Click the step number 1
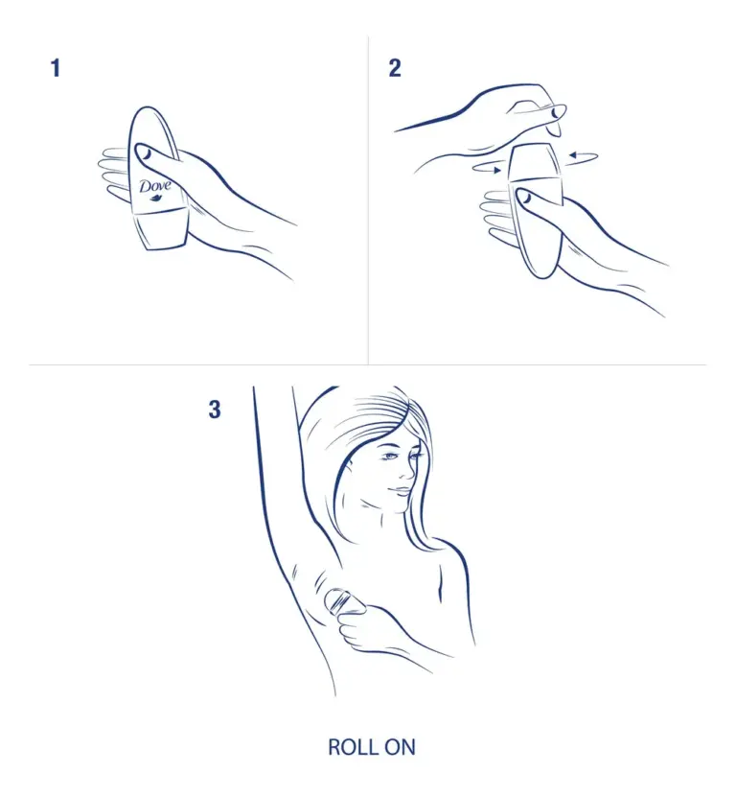tap(56, 68)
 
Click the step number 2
tap(395, 68)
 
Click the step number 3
tap(215, 410)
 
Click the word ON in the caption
tap(401, 747)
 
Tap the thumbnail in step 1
tap(144, 152)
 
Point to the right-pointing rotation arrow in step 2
tap(488, 168)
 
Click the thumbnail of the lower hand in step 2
tap(523, 197)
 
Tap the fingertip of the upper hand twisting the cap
tap(558, 112)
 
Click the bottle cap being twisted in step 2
tap(535, 163)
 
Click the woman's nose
tap(406, 471)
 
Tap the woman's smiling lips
tap(400, 491)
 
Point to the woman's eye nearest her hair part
tap(390, 456)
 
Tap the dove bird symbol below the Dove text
tap(155, 198)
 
